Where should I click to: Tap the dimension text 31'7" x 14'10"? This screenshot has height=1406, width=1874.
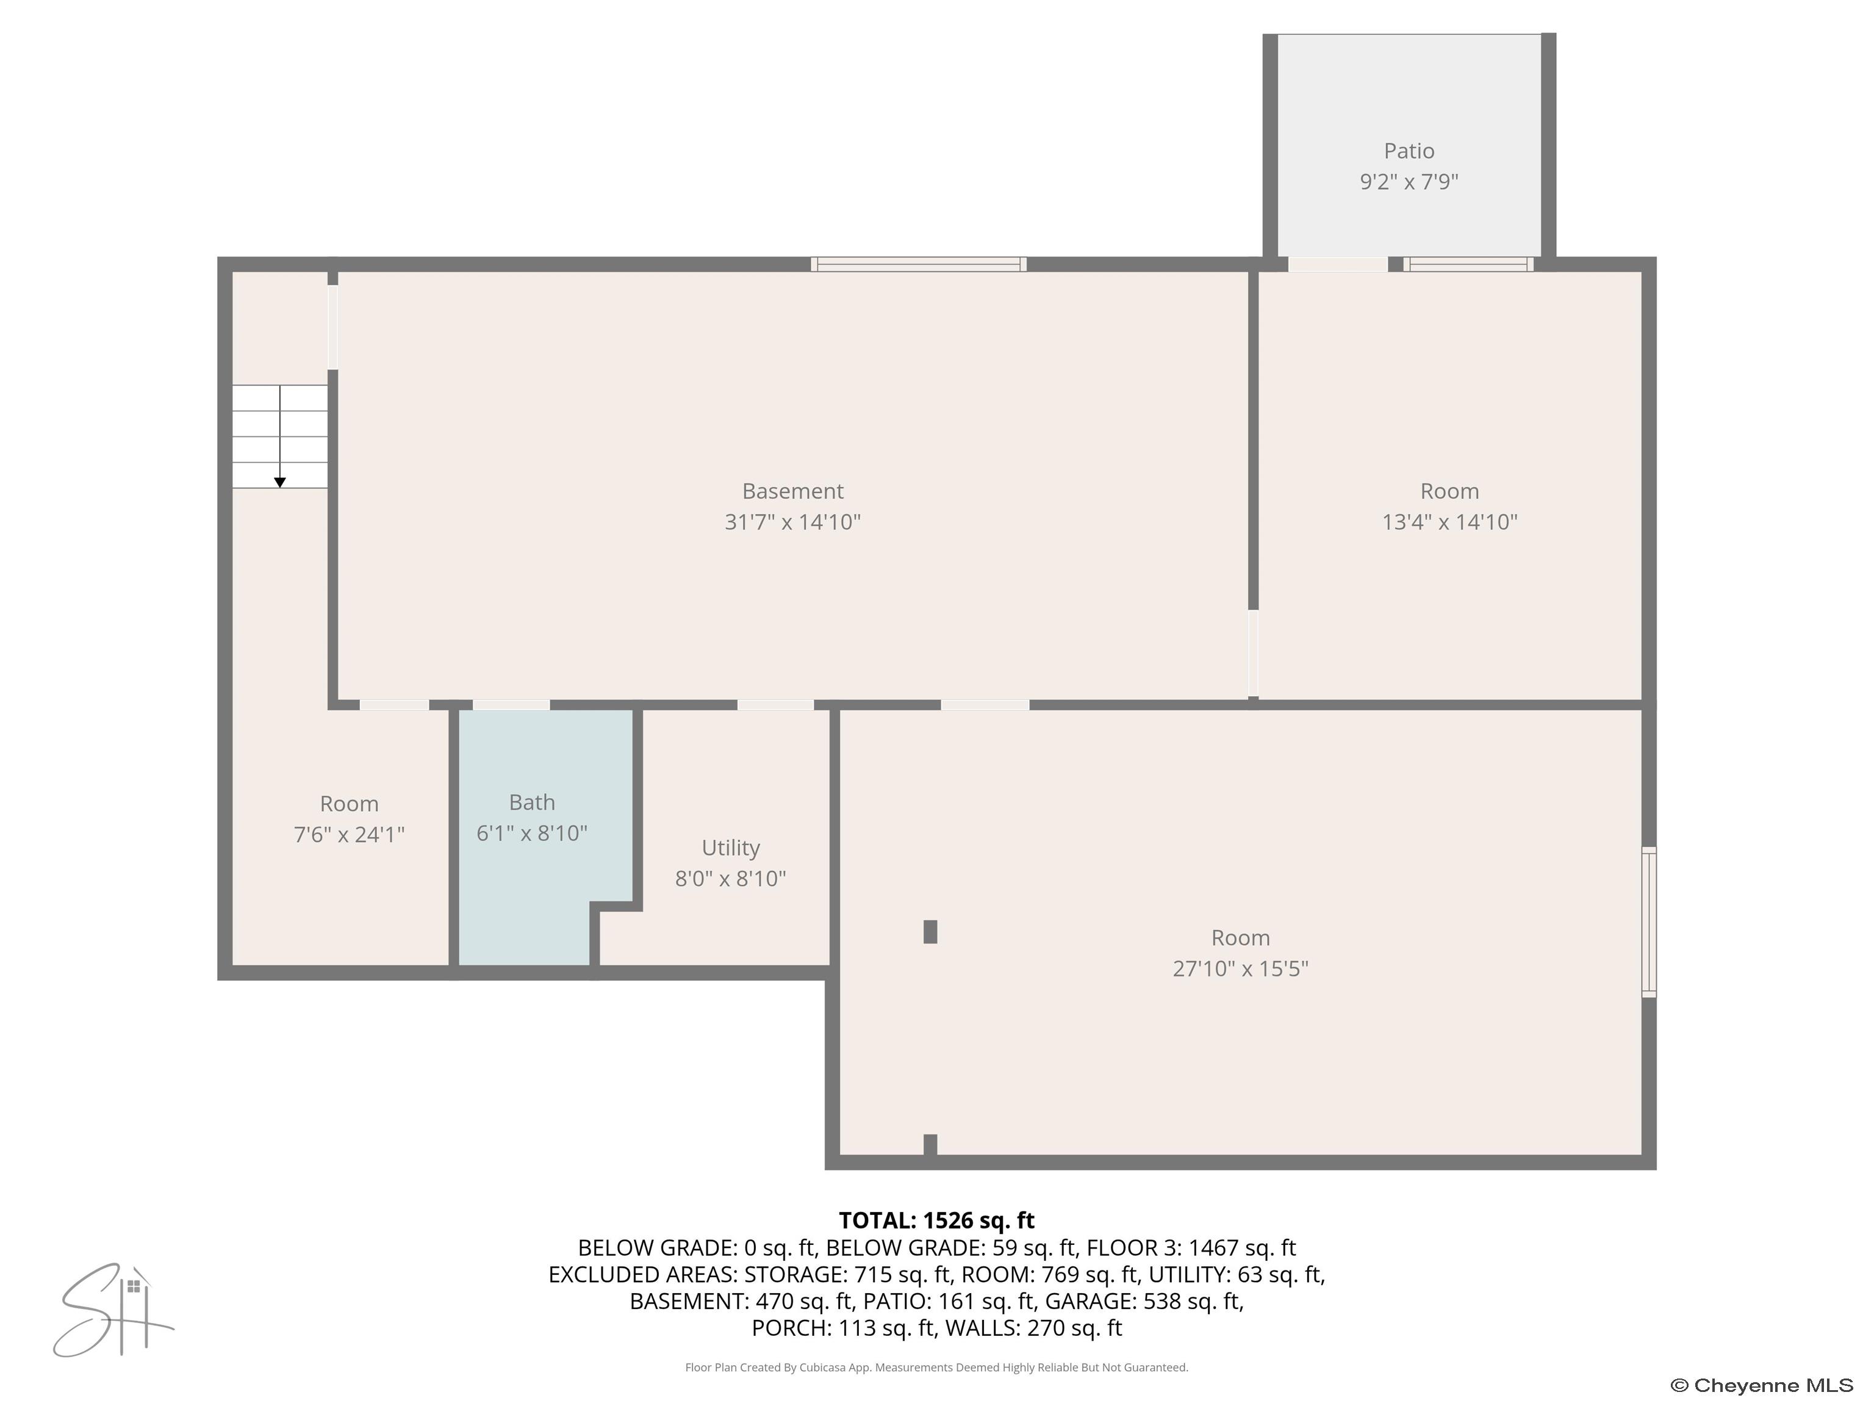(792, 522)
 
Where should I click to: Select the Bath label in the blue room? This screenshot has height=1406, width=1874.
(532, 802)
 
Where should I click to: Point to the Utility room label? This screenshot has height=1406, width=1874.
(730, 848)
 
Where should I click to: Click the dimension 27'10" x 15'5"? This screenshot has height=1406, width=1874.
(1240, 968)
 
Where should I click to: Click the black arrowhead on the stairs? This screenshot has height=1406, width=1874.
(279, 482)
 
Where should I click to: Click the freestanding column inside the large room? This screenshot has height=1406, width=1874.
(930, 931)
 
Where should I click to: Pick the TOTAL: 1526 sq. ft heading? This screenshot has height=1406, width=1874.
(936, 1220)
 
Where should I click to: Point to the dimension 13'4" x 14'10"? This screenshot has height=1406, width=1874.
(1449, 522)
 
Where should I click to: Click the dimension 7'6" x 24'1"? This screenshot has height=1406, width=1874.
(349, 835)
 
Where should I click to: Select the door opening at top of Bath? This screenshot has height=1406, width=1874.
(511, 705)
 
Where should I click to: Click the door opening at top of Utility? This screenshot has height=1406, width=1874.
(775, 705)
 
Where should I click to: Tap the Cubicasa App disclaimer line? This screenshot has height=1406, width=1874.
(936, 1367)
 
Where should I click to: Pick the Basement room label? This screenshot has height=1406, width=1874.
(792, 491)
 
